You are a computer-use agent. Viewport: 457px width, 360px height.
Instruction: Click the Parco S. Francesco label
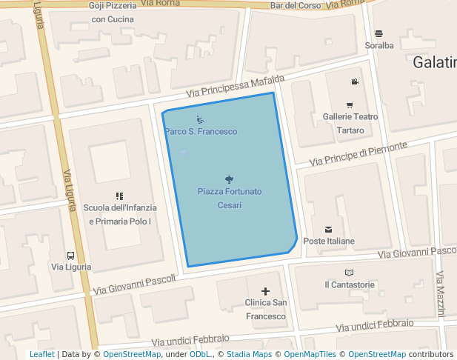[x=201, y=131]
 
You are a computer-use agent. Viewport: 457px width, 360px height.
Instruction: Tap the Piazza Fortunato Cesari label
[x=229, y=198]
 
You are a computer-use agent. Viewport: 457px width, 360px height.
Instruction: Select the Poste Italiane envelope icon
[x=328, y=229]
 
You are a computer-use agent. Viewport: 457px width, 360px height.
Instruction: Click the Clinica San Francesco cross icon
[x=265, y=291]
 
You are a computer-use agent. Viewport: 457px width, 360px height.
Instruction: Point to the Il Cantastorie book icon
[x=350, y=273]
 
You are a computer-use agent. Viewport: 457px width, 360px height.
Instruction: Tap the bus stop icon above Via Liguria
[x=70, y=256]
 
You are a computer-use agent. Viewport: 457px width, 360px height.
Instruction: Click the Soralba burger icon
[x=379, y=33]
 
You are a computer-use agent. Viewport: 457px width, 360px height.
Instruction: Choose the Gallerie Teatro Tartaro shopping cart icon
[x=350, y=105]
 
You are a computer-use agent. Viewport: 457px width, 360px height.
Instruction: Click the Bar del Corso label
[x=296, y=5]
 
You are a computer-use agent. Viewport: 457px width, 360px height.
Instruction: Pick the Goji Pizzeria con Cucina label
[x=113, y=12]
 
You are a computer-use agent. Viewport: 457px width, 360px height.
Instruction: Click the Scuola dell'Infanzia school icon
[x=119, y=196]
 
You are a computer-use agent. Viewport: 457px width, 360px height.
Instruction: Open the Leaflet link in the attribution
[x=42, y=354]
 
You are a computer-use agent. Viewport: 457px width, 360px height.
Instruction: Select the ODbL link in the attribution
[x=200, y=354]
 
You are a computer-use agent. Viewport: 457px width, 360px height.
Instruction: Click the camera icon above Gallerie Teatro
[x=355, y=81]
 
